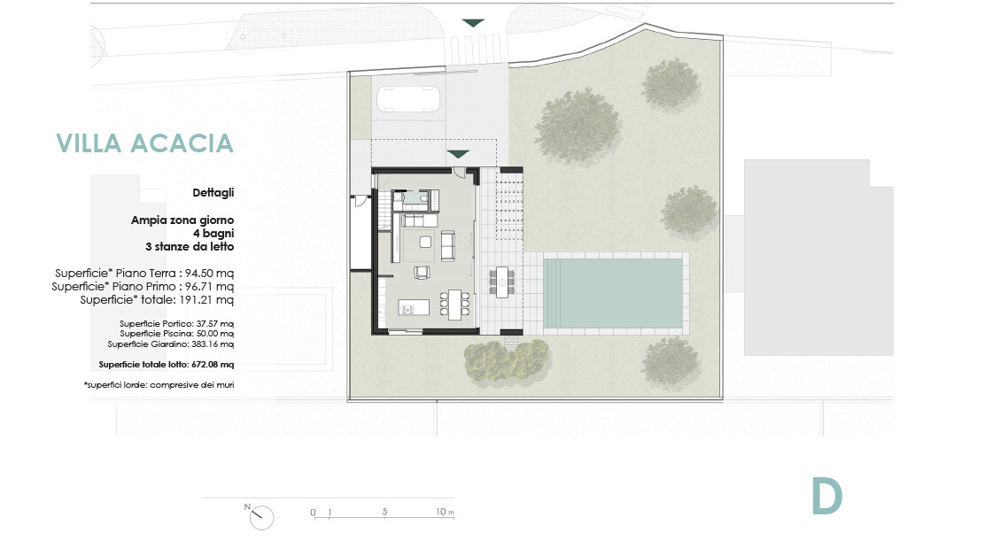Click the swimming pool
[612, 293]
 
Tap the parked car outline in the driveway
[408, 99]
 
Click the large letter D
[826, 496]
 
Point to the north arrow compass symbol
[260, 516]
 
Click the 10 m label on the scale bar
[445, 512]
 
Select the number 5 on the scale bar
[384, 512]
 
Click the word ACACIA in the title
[182, 143]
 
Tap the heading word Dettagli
[213, 193]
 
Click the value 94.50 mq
[209, 273]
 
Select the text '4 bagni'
[213, 234]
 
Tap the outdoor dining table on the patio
[502, 282]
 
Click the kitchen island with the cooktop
[414, 307]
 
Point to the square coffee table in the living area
[426, 242]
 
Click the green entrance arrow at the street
[473, 23]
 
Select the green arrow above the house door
[458, 154]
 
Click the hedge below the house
[507, 359]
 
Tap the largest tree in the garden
[578, 127]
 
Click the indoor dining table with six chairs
[454, 305]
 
